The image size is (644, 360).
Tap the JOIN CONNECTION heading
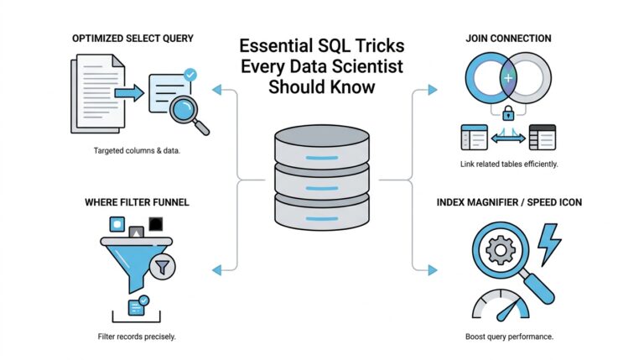click(x=509, y=39)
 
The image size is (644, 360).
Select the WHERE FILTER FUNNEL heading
click(x=136, y=203)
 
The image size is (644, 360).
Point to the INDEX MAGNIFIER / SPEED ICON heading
click(x=510, y=203)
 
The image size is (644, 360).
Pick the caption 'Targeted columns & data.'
click(x=136, y=150)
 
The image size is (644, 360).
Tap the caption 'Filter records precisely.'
click(x=136, y=337)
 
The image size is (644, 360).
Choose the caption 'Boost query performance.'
click(x=509, y=337)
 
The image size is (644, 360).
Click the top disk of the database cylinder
click(x=322, y=141)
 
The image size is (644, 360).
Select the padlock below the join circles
click(x=508, y=112)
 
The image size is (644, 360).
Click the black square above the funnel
click(x=155, y=223)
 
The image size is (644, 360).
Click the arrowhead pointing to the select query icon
click(x=217, y=88)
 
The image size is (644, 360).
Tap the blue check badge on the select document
click(x=190, y=75)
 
